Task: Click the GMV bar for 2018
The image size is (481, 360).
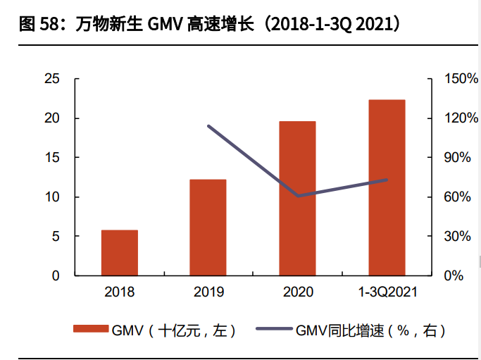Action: pyautogui.click(x=120, y=252)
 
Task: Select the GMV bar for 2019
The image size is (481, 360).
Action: pyautogui.click(x=208, y=227)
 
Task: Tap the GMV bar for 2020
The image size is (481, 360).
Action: pyautogui.click(x=297, y=198)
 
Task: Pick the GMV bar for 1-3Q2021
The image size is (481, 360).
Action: pyautogui.click(x=387, y=187)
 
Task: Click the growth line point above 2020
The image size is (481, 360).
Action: pyautogui.click(x=298, y=196)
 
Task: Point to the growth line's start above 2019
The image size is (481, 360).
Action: pyautogui.click(x=208, y=126)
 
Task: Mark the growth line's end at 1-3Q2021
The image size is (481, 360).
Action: pyautogui.click(x=387, y=180)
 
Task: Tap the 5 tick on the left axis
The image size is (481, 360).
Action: pyautogui.click(x=56, y=236)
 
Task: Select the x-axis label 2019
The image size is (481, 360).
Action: pyautogui.click(x=208, y=292)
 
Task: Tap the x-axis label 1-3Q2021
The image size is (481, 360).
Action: pyautogui.click(x=387, y=292)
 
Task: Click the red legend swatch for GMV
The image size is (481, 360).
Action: pyautogui.click(x=91, y=329)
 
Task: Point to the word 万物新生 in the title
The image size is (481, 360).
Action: pyautogui.click(x=108, y=25)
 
